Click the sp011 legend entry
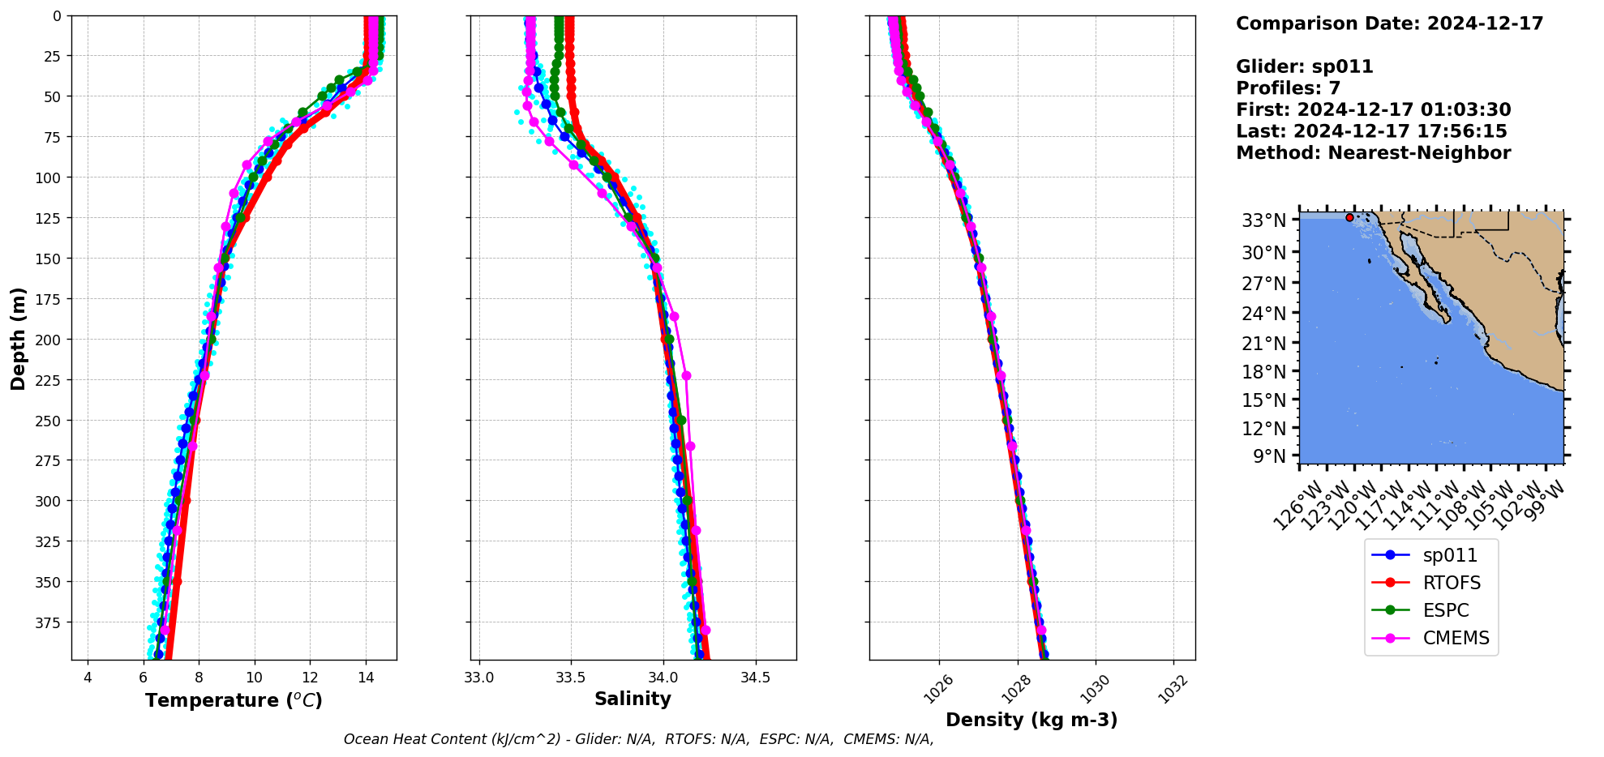(1449, 555)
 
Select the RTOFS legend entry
(1451, 583)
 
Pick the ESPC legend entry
(1445, 610)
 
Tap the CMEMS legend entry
(1456, 638)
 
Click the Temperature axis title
(234, 700)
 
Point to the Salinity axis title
(633, 699)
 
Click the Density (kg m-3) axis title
(1031, 720)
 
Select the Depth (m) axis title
(18, 338)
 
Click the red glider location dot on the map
(1349, 217)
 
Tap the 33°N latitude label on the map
(1263, 220)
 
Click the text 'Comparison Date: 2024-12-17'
(1389, 24)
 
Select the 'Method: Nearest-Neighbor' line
(1373, 153)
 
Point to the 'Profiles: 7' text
(1288, 88)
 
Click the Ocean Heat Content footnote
(638, 739)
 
